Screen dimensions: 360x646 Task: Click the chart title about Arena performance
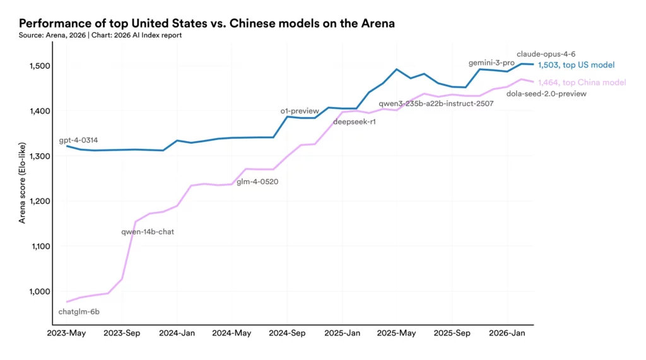[208, 24]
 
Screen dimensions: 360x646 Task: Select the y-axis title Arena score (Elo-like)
[23, 182]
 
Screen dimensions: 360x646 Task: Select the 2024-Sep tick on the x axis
[287, 333]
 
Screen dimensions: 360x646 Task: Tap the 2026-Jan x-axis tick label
[507, 333]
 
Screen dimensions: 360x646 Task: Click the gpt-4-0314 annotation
[78, 140]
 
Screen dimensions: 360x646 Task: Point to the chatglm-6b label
[79, 311]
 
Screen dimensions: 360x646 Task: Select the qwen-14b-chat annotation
[148, 232]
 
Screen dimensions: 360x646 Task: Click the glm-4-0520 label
[257, 182]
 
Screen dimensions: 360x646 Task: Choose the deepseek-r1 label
[354, 122]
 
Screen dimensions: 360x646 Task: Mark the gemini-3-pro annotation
[491, 63]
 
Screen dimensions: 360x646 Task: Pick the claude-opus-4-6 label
[546, 54]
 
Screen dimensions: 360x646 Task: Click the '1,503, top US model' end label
[576, 65]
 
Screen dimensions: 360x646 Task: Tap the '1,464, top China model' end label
[582, 83]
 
